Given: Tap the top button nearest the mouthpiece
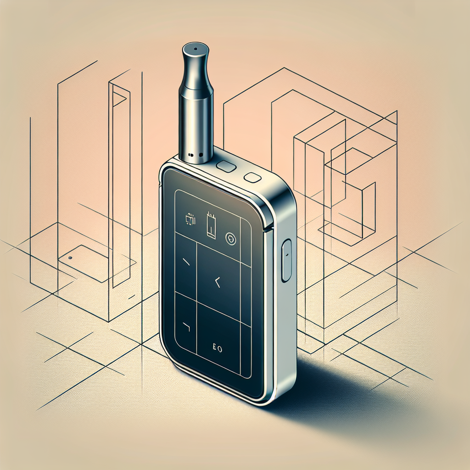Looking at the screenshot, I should coord(226,166).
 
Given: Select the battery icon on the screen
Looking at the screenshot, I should coord(211,225).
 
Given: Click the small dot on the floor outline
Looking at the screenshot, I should coord(70,257).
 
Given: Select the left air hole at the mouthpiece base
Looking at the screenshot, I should coord(190,154).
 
